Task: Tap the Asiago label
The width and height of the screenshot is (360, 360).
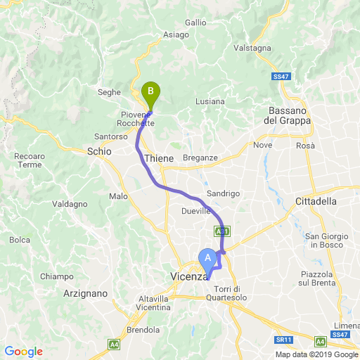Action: (x=175, y=34)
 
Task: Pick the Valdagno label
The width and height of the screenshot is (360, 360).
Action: (x=70, y=204)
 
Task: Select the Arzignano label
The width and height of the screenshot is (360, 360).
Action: (x=84, y=293)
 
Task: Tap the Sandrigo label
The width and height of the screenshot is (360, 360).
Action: (x=224, y=193)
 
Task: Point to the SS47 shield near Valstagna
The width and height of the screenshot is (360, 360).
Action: (x=279, y=77)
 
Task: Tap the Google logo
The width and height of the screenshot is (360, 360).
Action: (x=23, y=352)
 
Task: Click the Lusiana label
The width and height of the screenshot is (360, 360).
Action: (x=210, y=101)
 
